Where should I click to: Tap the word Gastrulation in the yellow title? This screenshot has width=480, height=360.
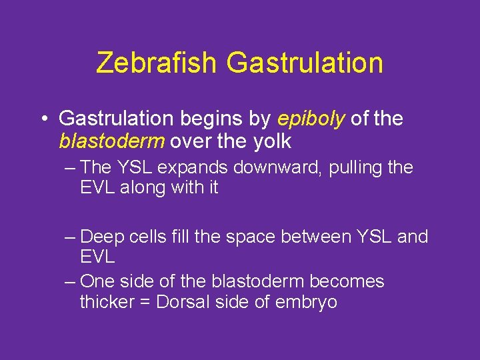[305, 63]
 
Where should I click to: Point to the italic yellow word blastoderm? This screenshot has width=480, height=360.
[113, 141]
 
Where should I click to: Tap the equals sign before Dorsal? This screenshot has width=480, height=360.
[145, 302]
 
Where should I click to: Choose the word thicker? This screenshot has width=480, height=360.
[107, 302]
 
